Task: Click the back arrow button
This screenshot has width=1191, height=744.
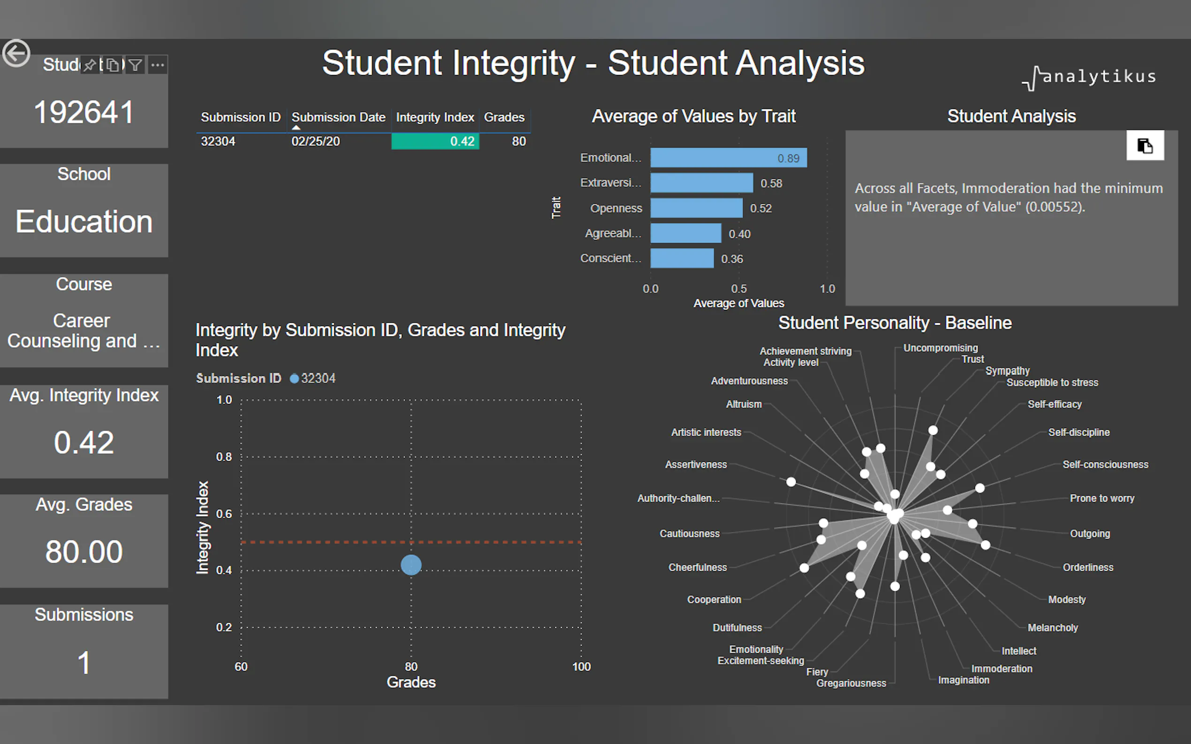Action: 16,52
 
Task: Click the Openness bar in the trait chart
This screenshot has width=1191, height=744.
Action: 696,208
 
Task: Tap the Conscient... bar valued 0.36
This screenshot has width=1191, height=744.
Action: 681,258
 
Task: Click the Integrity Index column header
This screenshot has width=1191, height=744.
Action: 434,118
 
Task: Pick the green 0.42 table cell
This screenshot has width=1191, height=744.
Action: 435,141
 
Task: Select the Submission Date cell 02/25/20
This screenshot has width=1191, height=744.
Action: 316,141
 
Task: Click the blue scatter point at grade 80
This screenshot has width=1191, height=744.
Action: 411,565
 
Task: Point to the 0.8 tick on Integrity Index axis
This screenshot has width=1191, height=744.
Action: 224,457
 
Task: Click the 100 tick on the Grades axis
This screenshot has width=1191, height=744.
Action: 581,667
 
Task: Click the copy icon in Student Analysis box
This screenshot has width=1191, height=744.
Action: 1145,146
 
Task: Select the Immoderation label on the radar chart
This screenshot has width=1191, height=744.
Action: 1002,669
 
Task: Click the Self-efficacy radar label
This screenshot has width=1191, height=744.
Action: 1054,404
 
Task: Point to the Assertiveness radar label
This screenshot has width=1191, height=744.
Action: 696,464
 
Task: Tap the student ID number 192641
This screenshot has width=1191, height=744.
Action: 84,112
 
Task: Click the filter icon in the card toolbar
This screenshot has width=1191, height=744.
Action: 136,65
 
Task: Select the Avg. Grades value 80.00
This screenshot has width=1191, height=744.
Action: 84,551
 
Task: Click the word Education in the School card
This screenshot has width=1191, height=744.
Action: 84,222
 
